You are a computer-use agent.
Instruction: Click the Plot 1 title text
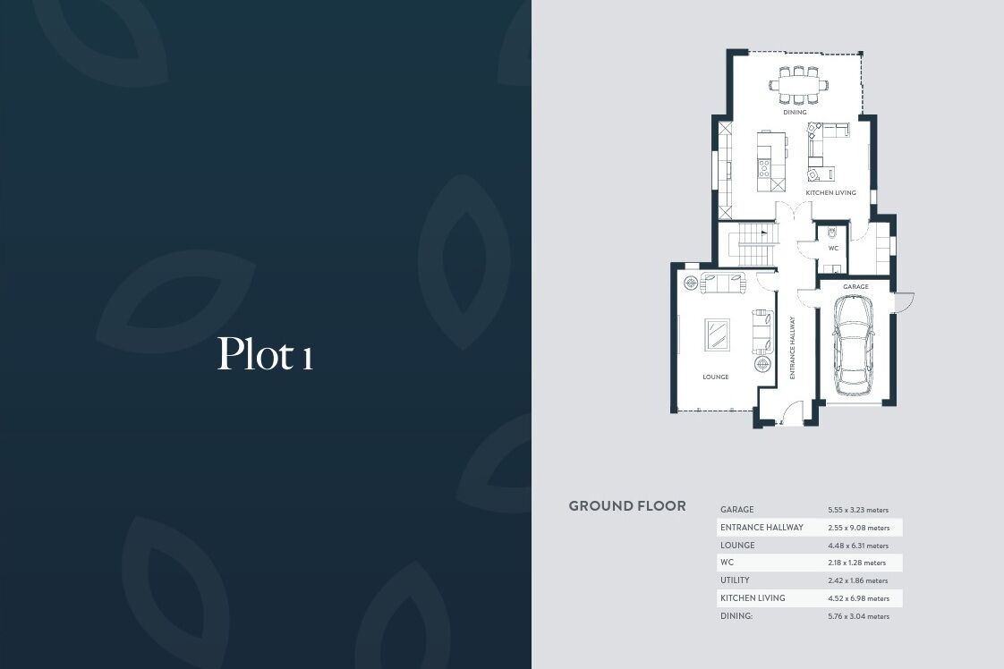pyautogui.click(x=265, y=353)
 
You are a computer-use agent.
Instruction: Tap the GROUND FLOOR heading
pyautogui.click(x=627, y=506)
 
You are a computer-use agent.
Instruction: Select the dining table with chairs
pyautogui.click(x=798, y=84)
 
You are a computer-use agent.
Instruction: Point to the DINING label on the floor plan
pyautogui.click(x=795, y=112)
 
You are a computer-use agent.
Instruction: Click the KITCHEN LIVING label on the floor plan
pyautogui.click(x=830, y=192)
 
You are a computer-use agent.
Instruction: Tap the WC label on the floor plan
pyautogui.click(x=833, y=249)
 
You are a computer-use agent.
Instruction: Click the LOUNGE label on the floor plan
pyautogui.click(x=715, y=377)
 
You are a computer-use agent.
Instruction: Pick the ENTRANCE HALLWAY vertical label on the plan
pyautogui.click(x=792, y=348)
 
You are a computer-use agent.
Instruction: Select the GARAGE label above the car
pyautogui.click(x=855, y=287)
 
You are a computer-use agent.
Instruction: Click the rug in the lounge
pyautogui.click(x=717, y=334)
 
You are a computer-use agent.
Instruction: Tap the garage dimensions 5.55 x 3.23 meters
pyautogui.click(x=858, y=510)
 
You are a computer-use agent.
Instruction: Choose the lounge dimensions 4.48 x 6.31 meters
pyautogui.click(x=858, y=546)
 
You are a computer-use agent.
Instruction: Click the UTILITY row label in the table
pyautogui.click(x=735, y=580)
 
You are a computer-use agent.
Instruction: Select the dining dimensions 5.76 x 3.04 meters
pyautogui.click(x=859, y=616)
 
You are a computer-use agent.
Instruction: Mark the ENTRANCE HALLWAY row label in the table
pyautogui.click(x=762, y=528)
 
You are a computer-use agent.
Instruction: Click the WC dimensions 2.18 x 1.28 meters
pyautogui.click(x=856, y=563)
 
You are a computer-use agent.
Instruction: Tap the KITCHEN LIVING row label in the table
pyautogui.click(x=753, y=598)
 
